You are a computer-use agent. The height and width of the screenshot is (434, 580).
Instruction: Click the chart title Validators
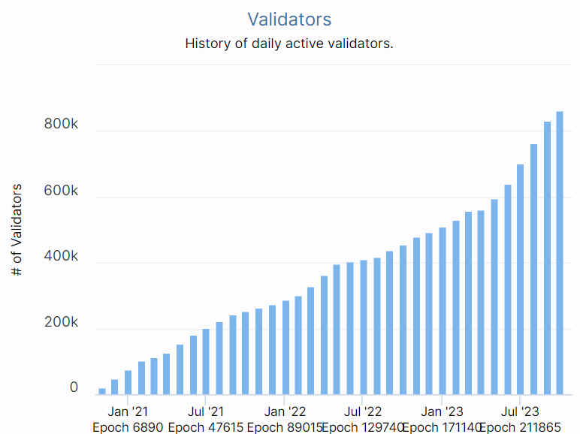(289, 19)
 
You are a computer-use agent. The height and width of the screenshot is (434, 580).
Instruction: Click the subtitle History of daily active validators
(289, 44)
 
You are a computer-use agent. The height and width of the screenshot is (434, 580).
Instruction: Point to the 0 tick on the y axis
(74, 387)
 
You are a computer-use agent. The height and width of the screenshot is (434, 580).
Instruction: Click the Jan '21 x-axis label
(128, 411)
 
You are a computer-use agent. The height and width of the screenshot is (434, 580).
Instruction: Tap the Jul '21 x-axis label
(206, 411)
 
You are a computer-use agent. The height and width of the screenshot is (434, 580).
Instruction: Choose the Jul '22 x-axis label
(363, 411)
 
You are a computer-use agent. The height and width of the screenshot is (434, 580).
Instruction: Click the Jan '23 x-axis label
(442, 411)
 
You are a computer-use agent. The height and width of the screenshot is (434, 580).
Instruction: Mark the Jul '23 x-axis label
(520, 411)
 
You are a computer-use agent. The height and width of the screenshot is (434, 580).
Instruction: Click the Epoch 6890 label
(128, 427)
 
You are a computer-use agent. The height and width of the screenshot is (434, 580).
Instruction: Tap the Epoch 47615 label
(206, 427)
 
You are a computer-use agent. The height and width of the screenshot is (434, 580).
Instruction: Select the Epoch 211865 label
(520, 427)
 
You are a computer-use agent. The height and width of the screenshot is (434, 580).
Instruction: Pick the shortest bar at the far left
(102, 391)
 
